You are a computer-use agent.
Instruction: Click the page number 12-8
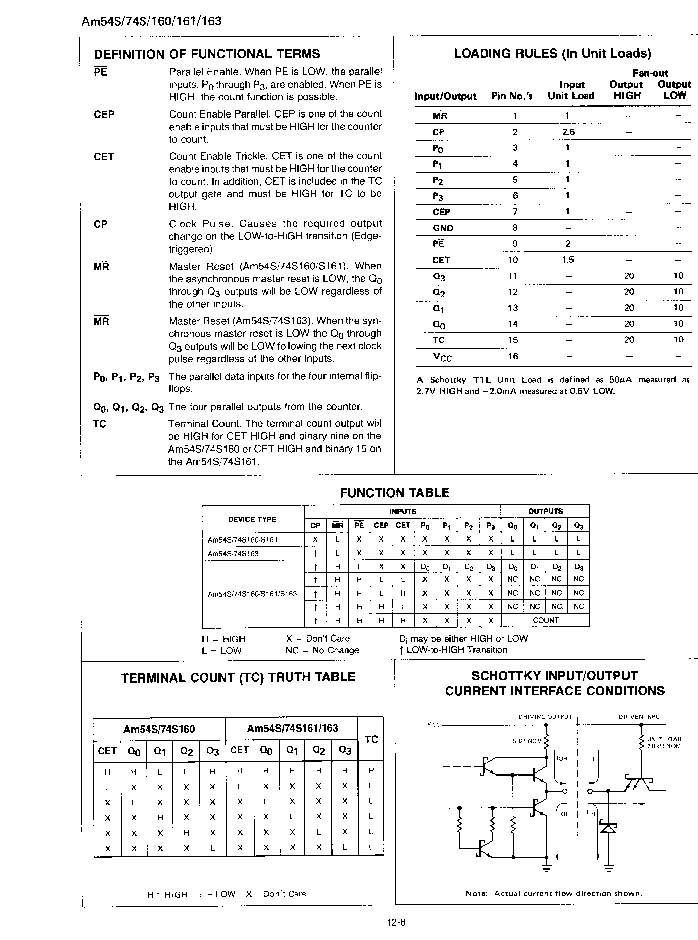(396, 922)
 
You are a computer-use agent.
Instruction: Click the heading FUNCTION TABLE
(394, 493)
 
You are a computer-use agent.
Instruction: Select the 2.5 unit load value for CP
(568, 132)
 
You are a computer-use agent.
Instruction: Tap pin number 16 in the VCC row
(513, 356)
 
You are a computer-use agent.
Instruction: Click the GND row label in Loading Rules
(443, 228)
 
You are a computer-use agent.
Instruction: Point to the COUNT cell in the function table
(545, 620)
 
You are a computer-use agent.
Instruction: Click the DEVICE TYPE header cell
(252, 519)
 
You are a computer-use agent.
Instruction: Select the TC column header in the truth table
(371, 739)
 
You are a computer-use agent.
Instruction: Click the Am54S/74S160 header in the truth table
(159, 729)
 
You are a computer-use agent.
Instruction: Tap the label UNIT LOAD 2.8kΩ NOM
(664, 743)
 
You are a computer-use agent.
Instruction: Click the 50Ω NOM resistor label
(527, 741)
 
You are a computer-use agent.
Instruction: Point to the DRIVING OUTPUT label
(545, 717)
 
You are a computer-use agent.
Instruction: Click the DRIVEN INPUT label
(641, 717)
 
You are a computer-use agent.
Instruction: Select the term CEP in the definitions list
(104, 114)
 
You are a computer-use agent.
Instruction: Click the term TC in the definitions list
(100, 424)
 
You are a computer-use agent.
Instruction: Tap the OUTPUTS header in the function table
(545, 511)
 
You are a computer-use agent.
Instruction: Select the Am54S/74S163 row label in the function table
(233, 554)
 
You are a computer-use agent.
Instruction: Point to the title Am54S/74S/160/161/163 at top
(151, 21)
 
